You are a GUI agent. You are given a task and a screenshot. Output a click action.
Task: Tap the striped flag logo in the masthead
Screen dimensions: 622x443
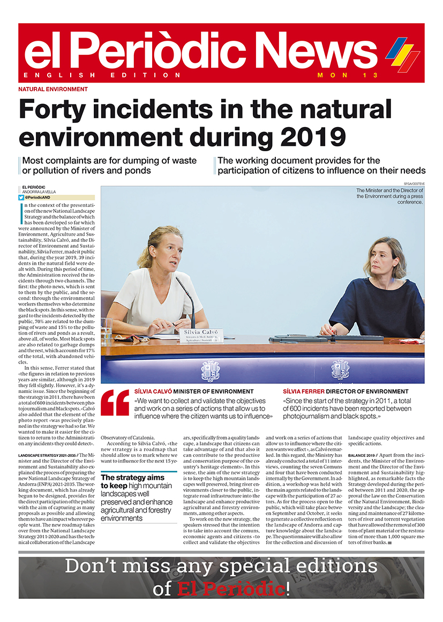click(403, 54)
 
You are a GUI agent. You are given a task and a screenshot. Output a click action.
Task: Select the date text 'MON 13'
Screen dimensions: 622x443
click(348, 75)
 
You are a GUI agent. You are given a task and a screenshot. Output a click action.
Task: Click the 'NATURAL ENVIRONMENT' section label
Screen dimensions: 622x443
click(53, 90)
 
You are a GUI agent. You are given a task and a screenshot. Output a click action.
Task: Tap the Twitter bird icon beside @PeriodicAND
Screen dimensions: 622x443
click(21, 197)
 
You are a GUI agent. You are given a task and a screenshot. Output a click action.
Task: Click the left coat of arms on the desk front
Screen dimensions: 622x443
click(210, 370)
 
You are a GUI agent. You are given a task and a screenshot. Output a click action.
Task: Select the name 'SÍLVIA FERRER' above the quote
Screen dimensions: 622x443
click(303, 391)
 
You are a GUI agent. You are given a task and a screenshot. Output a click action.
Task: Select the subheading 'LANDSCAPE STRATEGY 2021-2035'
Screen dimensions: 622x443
click(47, 455)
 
